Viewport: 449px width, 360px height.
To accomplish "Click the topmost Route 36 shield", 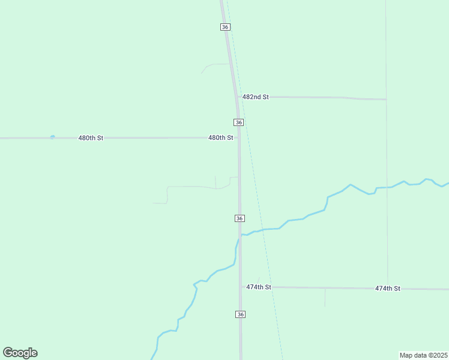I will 225,27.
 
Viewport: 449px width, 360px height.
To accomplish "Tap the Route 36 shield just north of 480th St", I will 239,122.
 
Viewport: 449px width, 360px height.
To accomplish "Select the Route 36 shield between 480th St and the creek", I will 240,218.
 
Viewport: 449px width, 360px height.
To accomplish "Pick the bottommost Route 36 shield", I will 240,314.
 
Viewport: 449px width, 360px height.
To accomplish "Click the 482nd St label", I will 256,97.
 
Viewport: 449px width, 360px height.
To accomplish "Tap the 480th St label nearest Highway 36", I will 220,137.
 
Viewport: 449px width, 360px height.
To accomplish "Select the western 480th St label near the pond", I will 91,138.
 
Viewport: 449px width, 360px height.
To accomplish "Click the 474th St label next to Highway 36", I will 259,287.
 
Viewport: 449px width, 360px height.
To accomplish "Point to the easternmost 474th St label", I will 388,289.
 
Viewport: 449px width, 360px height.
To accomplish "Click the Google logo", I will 20,353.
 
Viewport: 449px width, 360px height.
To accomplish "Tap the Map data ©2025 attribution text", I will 423,355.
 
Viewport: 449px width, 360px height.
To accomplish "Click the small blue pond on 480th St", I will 53,137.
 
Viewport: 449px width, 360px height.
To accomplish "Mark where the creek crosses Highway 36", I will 240,236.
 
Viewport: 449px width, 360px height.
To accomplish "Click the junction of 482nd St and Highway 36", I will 237,97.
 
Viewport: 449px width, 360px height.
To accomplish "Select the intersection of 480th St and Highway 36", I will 239,137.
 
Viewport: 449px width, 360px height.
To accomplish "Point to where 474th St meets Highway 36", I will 241,287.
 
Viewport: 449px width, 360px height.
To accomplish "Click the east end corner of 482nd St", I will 386,99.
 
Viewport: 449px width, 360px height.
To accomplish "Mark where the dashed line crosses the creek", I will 264,229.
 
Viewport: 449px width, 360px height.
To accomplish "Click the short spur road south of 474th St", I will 325,298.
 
